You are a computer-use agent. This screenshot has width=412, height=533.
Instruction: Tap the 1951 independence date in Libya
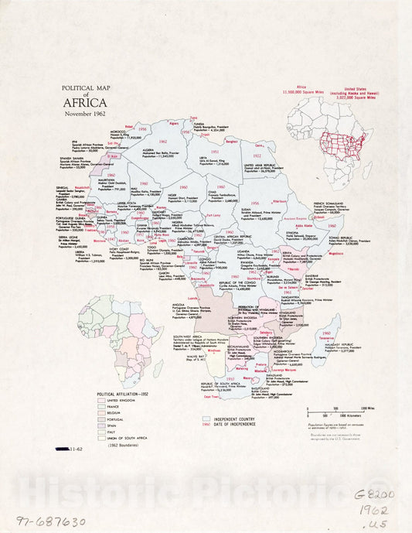(215, 152)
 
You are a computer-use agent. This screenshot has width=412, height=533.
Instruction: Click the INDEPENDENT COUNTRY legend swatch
(205, 419)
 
